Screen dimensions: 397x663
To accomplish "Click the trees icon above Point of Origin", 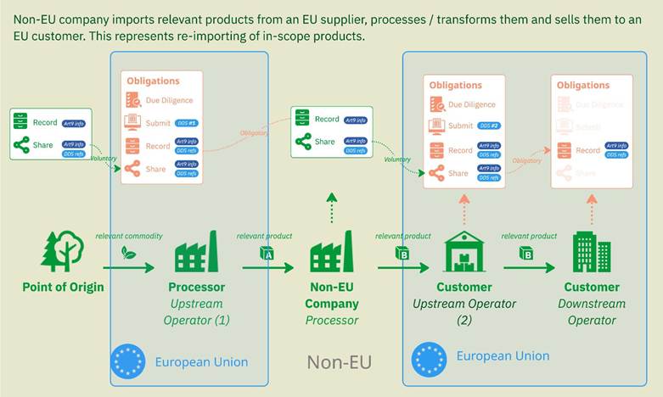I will tap(63, 252).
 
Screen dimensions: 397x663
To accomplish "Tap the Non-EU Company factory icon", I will tap(331, 252).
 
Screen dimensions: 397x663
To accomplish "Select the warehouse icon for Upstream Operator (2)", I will tap(464, 252).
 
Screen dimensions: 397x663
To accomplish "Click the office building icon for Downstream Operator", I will tap(591, 252).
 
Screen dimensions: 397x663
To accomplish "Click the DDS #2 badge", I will tap(489, 126).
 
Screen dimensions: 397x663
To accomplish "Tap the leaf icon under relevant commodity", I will tap(129, 251).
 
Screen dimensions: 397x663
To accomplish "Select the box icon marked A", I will tap(266, 253).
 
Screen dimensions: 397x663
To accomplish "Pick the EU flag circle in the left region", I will tap(129, 361).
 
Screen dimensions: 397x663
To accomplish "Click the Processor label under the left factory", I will tap(196, 287).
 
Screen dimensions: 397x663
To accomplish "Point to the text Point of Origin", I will tap(63, 287).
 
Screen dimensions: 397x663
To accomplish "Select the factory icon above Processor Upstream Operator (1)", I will tap(196, 252).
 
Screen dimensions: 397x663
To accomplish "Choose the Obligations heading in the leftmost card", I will tap(154, 81).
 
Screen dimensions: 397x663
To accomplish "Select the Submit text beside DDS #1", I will tap(157, 123).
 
